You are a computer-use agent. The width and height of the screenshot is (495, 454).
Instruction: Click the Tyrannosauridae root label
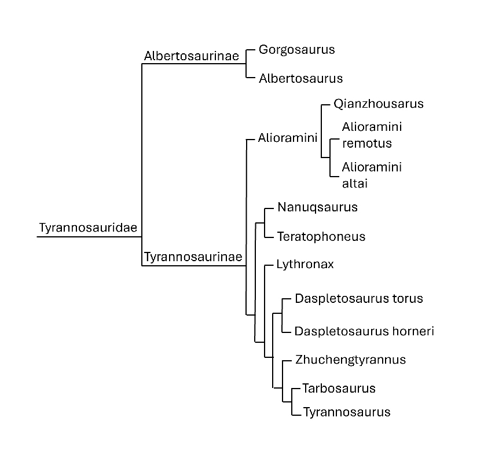coord(88,228)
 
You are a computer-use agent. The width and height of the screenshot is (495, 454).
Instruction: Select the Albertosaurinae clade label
coord(192,56)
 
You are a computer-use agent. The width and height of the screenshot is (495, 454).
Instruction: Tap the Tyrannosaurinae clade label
coord(193,257)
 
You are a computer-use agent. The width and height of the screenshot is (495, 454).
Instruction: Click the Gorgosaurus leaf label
coord(296,49)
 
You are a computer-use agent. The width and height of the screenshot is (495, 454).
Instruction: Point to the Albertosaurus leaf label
coord(300,78)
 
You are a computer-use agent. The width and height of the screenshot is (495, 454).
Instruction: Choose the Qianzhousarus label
coord(378,104)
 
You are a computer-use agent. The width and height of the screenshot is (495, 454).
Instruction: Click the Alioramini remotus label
coord(372,135)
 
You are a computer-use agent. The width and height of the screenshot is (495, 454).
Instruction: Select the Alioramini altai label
coord(372,175)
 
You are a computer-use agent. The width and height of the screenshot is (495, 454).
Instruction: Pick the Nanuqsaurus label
coord(317,207)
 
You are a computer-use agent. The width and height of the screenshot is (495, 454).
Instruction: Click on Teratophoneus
coord(321,236)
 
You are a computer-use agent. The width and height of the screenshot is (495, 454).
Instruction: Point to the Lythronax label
coord(305,265)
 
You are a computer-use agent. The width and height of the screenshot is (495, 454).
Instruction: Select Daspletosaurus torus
coord(358,299)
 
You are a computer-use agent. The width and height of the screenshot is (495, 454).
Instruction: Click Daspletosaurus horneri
coord(364,331)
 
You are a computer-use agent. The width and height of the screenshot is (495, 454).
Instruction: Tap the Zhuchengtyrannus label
coord(350,360)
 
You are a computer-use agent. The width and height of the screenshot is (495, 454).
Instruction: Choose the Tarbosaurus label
coord(339,388)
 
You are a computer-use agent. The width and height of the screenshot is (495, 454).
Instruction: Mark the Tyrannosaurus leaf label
coord(346,412)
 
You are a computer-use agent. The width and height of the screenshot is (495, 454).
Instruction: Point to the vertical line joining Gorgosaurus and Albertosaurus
coord(247,63)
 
